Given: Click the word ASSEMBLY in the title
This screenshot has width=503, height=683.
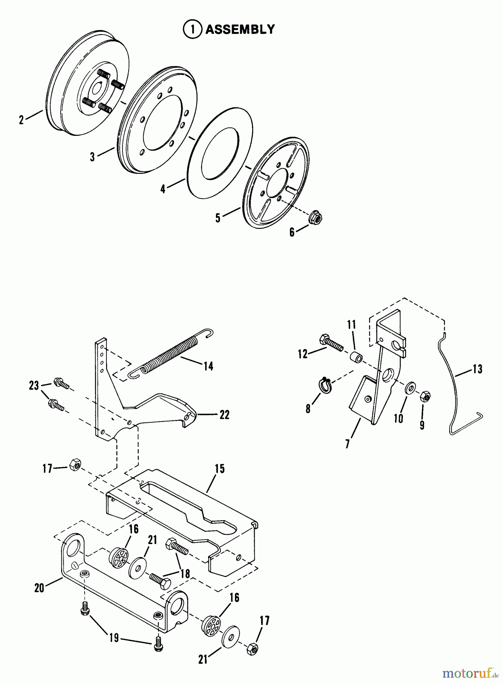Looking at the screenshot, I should tap(240, 29).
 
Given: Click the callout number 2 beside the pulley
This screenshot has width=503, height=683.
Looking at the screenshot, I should tap(22, 120).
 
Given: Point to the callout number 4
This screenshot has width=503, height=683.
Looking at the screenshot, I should tap(163, 189).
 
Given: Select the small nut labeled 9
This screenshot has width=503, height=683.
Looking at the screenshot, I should tap(425, 397).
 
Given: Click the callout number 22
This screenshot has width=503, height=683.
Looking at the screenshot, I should tap(224, 415).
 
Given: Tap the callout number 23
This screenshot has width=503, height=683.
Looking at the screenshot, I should tap(34, 386).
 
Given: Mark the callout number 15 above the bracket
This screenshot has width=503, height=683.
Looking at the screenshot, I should tap(219, 469).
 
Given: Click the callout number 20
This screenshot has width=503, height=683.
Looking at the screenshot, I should tap(39, 588).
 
